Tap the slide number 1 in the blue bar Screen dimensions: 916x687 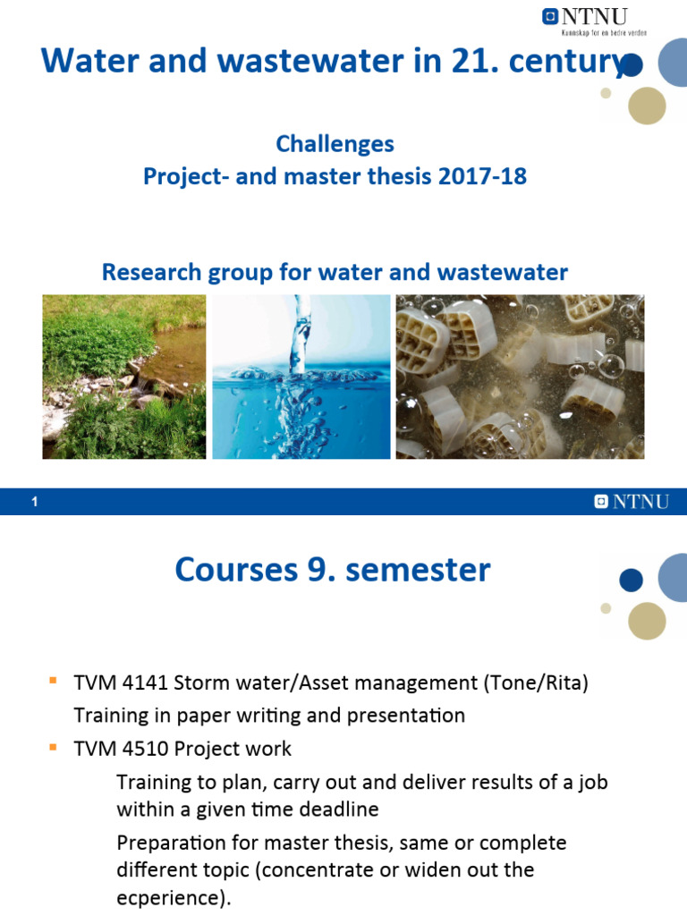tap(34, 503)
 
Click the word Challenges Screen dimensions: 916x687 tap(335, 143)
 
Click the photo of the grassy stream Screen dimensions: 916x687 tap(124, 377)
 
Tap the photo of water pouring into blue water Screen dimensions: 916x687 tap(301, 377)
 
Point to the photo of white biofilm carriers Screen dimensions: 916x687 tap(520, 377)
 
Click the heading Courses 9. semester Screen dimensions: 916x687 tap(333, 569)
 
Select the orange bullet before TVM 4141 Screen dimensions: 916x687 tap(53, 683)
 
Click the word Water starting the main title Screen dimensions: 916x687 tap(82, 61)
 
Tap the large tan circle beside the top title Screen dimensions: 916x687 tap(647, 106)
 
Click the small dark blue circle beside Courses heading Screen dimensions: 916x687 tap(631, 581)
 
